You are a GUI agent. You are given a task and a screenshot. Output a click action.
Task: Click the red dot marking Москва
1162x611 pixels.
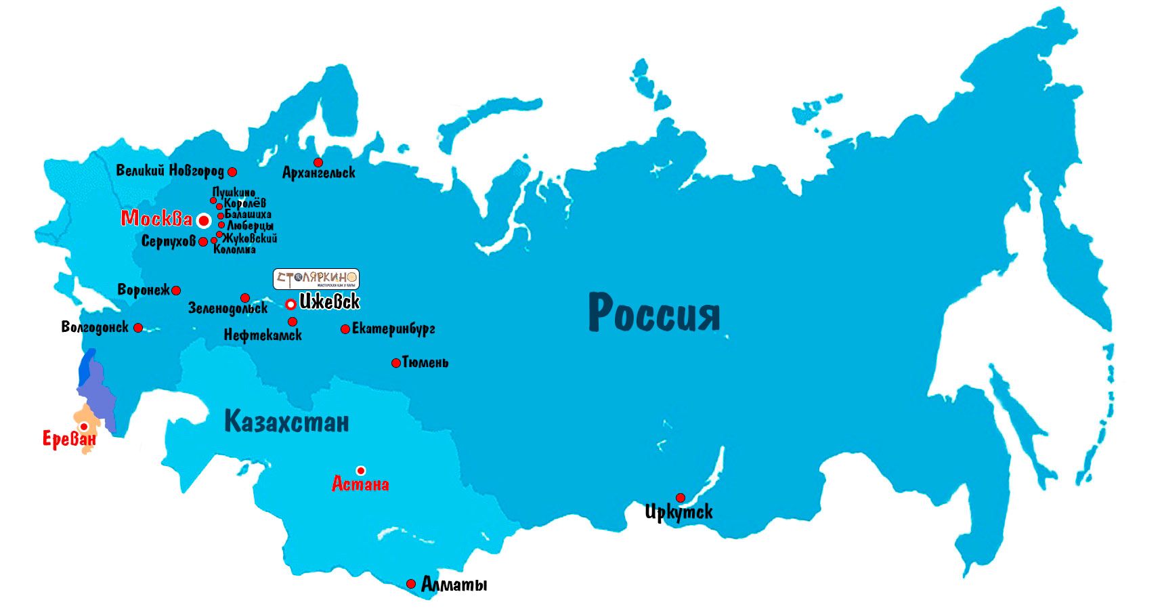[203, 221]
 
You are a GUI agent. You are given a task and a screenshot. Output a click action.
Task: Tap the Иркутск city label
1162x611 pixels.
[679, 512]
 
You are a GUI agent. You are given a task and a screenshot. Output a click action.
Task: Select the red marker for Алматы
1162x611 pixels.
[411, 584]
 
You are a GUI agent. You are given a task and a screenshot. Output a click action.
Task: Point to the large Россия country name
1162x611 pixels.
[653, 313]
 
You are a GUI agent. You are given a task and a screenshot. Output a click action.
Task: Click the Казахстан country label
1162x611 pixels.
[286, 421]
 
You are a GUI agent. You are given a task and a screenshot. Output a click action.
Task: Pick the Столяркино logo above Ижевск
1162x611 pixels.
[316, 278]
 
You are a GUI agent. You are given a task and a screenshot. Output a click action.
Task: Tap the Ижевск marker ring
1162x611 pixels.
[290, 304]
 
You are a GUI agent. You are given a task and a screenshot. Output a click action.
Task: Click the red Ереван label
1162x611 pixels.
[69, 440]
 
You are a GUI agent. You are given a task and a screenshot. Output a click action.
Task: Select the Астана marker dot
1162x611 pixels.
[361, 470]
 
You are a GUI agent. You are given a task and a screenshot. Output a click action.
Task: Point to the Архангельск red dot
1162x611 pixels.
[318, 163]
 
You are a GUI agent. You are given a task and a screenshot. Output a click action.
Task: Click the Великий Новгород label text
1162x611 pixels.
[169, 171]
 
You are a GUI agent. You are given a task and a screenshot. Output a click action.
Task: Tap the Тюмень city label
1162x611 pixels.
[425, 363]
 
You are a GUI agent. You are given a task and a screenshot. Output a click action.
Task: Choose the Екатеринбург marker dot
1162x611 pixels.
[345, 329]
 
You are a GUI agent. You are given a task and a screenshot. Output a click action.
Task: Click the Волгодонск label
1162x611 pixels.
[95, 328]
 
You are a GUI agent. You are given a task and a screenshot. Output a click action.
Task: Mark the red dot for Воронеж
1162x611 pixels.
[176, 291]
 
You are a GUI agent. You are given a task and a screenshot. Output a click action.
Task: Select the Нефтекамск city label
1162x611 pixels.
[263, 335]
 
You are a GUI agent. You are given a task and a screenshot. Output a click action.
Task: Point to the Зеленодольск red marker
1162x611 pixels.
[245, 298]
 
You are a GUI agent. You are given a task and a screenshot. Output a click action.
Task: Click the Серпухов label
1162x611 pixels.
[168, 241]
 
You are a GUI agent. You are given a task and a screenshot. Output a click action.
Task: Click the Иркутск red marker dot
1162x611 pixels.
[680, 498]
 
